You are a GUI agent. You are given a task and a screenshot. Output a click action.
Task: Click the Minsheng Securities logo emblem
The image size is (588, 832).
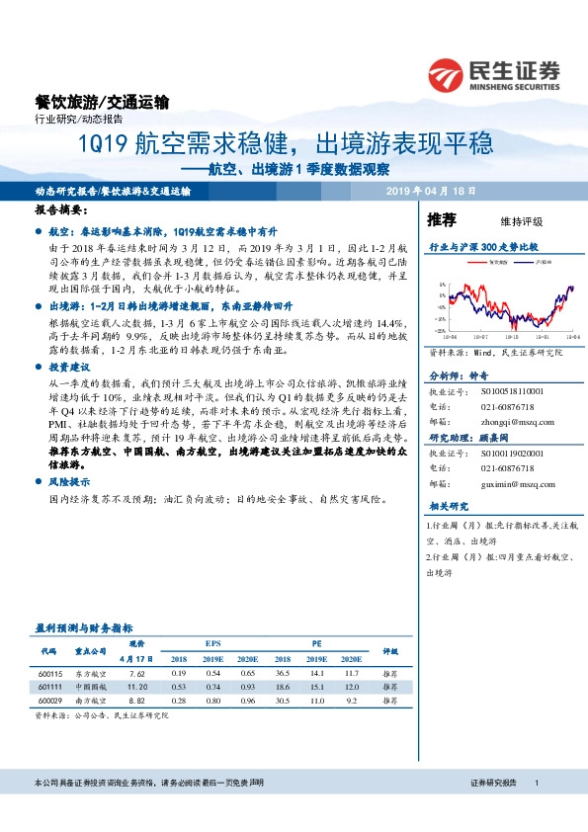pyautogui.click(x=446, y=73)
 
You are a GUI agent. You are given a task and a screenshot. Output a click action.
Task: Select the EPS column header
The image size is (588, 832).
pyautogui.click(x=212, y=641)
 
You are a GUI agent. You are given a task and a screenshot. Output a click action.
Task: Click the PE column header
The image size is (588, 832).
pyautogui.click(x=317, y=641)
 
